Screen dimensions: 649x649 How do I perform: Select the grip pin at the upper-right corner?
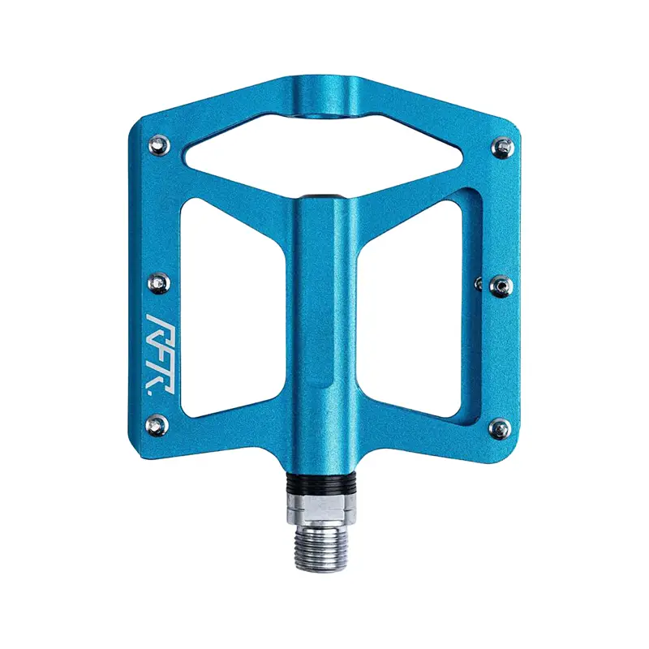tap(502, 147)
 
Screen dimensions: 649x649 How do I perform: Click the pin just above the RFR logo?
tap(158, 283)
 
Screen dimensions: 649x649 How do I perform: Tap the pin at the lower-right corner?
tap(501, 428)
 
